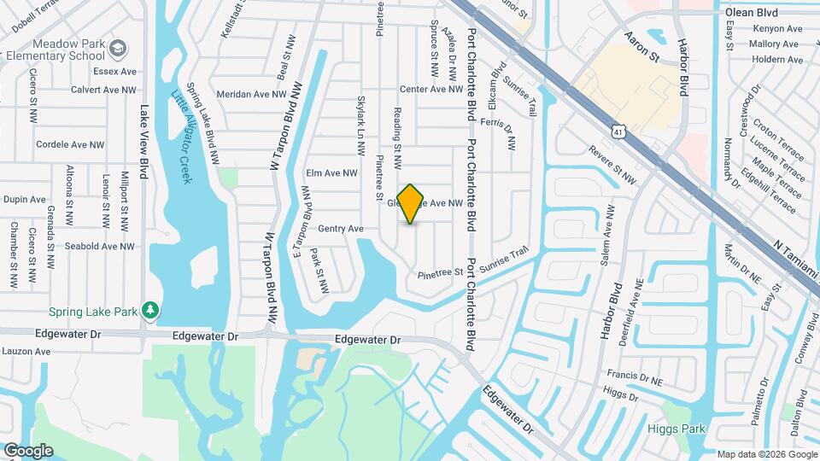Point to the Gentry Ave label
[341, 229]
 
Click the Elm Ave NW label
[331, 173]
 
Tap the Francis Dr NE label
[635, 375]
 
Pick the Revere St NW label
[612, 164]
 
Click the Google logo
[28, 450]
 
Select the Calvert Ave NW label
[104, 90]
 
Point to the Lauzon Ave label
[26, 351]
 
